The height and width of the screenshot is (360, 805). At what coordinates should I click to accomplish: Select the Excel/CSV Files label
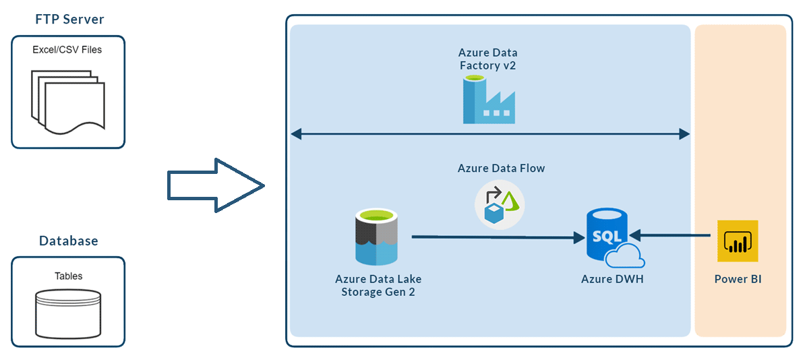67,49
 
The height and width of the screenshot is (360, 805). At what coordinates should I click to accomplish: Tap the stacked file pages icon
67,98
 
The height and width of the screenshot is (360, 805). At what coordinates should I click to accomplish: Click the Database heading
68,241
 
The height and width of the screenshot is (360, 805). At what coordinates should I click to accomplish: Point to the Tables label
68,276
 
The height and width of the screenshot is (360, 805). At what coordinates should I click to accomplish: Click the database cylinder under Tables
68,313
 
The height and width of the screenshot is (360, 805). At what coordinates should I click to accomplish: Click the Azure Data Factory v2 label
487,59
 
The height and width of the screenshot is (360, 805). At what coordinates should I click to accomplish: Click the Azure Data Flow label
501,169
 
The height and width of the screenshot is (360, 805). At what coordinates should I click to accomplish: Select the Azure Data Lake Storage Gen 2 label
378,285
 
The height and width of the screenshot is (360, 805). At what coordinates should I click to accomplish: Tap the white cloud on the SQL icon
624,258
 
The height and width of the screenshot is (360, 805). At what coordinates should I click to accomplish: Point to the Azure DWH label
612,279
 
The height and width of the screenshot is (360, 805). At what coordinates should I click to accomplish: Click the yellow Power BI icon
738,241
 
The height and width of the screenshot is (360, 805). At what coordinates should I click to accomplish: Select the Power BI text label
738,279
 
